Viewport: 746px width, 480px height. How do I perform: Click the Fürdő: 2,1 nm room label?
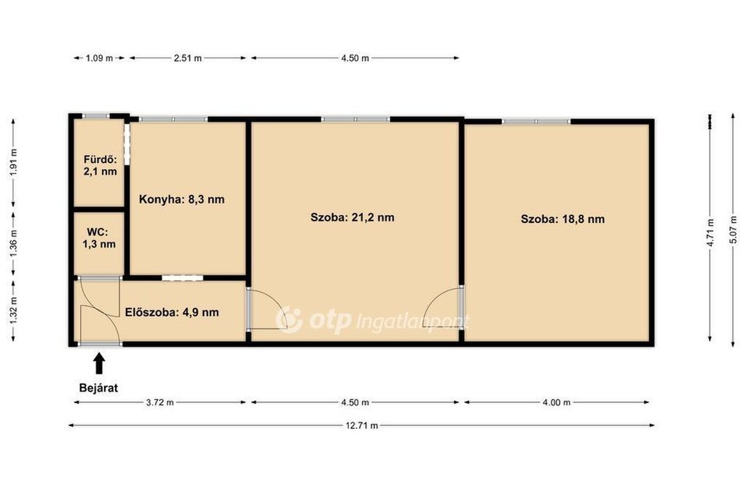click(x=100, y=165)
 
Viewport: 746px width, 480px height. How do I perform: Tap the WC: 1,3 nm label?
click(x=99, y=238)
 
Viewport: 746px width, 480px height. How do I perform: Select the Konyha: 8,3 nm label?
click(x=181, y=200)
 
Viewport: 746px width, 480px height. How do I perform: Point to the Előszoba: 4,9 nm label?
click(x=172, y=312)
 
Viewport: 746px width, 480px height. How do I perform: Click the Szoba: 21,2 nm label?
click(x=352, y=217)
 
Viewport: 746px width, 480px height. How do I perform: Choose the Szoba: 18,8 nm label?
click(x=563, y=219)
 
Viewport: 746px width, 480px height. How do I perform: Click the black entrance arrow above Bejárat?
click(x=99, y=363)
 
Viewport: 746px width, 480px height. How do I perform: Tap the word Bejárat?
click(x=98, y=387)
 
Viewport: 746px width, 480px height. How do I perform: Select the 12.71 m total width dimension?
click(x=361, y=425)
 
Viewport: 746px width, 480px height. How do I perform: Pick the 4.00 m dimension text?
click(x=557, y=403)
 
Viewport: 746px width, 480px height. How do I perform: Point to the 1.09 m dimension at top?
click(x=99, y=58)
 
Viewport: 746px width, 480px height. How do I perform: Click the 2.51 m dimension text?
click(x=187, y=58)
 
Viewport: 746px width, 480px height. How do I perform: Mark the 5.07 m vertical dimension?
click(x=733, y=230)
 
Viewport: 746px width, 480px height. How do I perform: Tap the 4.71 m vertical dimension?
click(x=710, y=232)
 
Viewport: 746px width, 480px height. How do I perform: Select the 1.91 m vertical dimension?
click(x=13, y=162)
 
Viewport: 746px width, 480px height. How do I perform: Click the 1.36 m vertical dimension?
click(x=13, y=243)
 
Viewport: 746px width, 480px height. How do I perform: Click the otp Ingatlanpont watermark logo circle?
click(x=288, y=319)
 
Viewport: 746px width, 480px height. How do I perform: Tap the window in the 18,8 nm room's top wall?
click(x=536, y=122)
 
